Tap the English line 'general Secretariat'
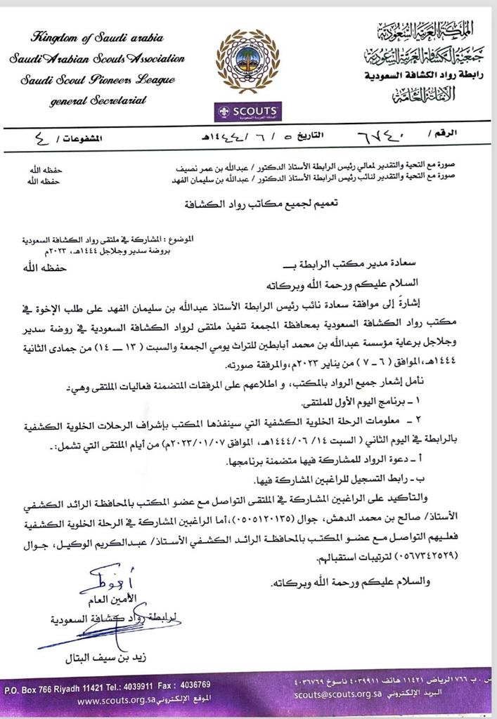(x=98, y=100)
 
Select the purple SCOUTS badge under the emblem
(x=247, y=112)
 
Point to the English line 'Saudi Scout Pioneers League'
(x=98, y=79)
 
